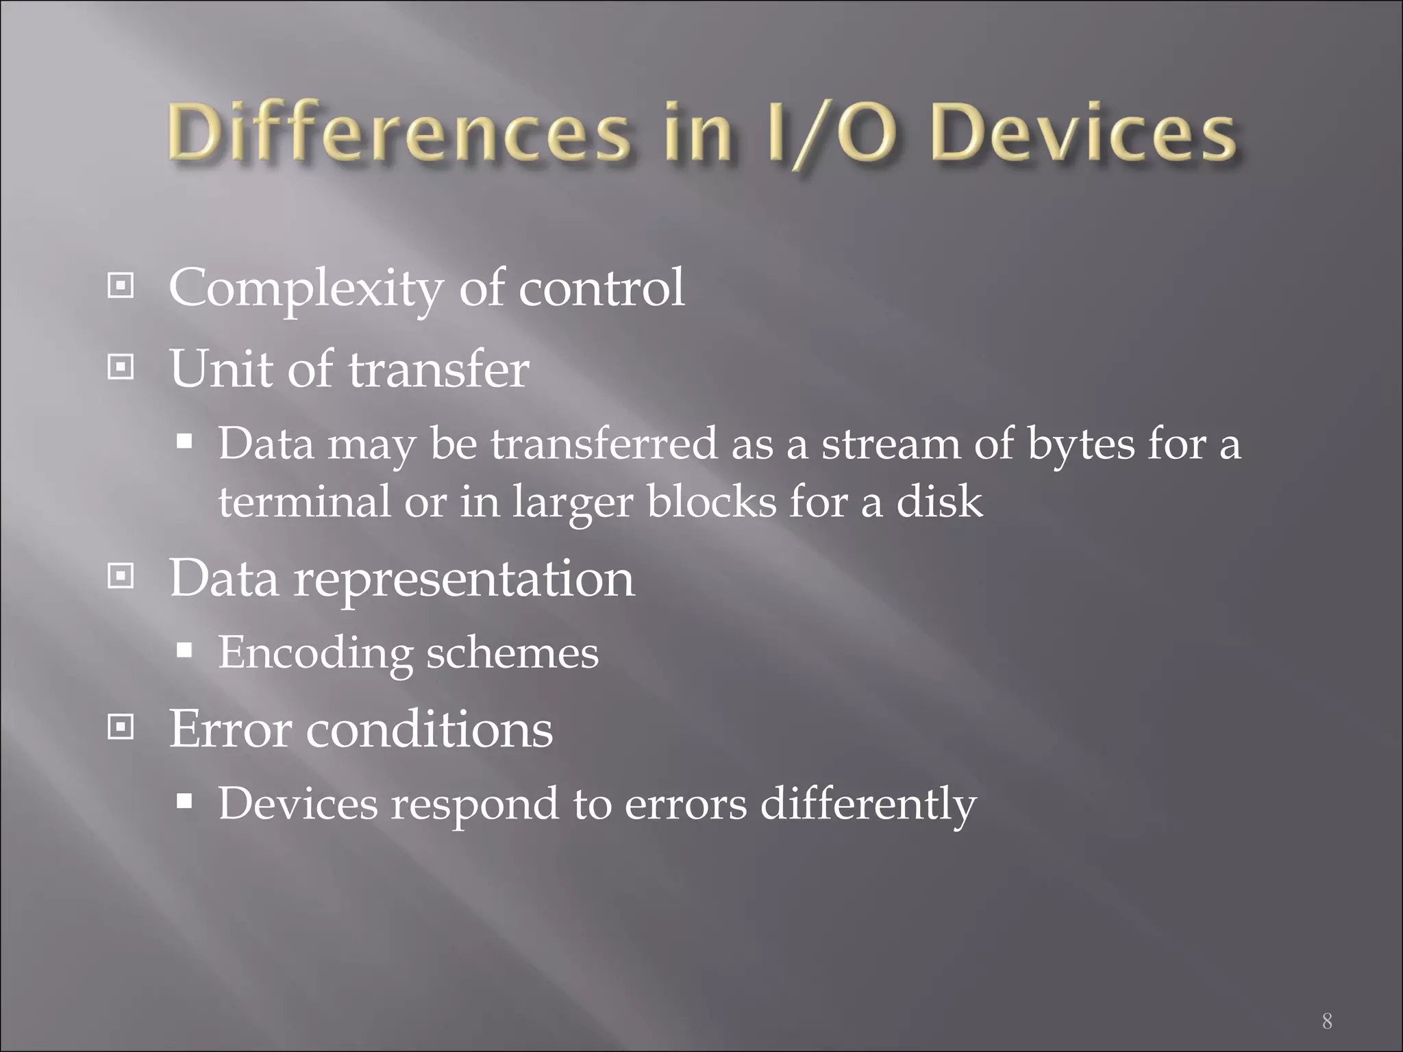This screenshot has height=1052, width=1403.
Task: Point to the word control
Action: pos(601,288)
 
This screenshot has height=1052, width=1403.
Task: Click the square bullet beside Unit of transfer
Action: pos(121,368)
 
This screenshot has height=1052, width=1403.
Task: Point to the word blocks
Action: pos(712,501)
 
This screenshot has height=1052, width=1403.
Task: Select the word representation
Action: pos(464,579)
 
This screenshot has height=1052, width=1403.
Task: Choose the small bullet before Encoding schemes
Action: pos(184,649)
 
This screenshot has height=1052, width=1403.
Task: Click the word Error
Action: pos(230,729)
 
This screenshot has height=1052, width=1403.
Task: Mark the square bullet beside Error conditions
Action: pos(121,727)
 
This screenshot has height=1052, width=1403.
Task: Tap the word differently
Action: pos(868,805)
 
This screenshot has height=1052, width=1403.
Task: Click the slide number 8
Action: pos(1327,1021)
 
